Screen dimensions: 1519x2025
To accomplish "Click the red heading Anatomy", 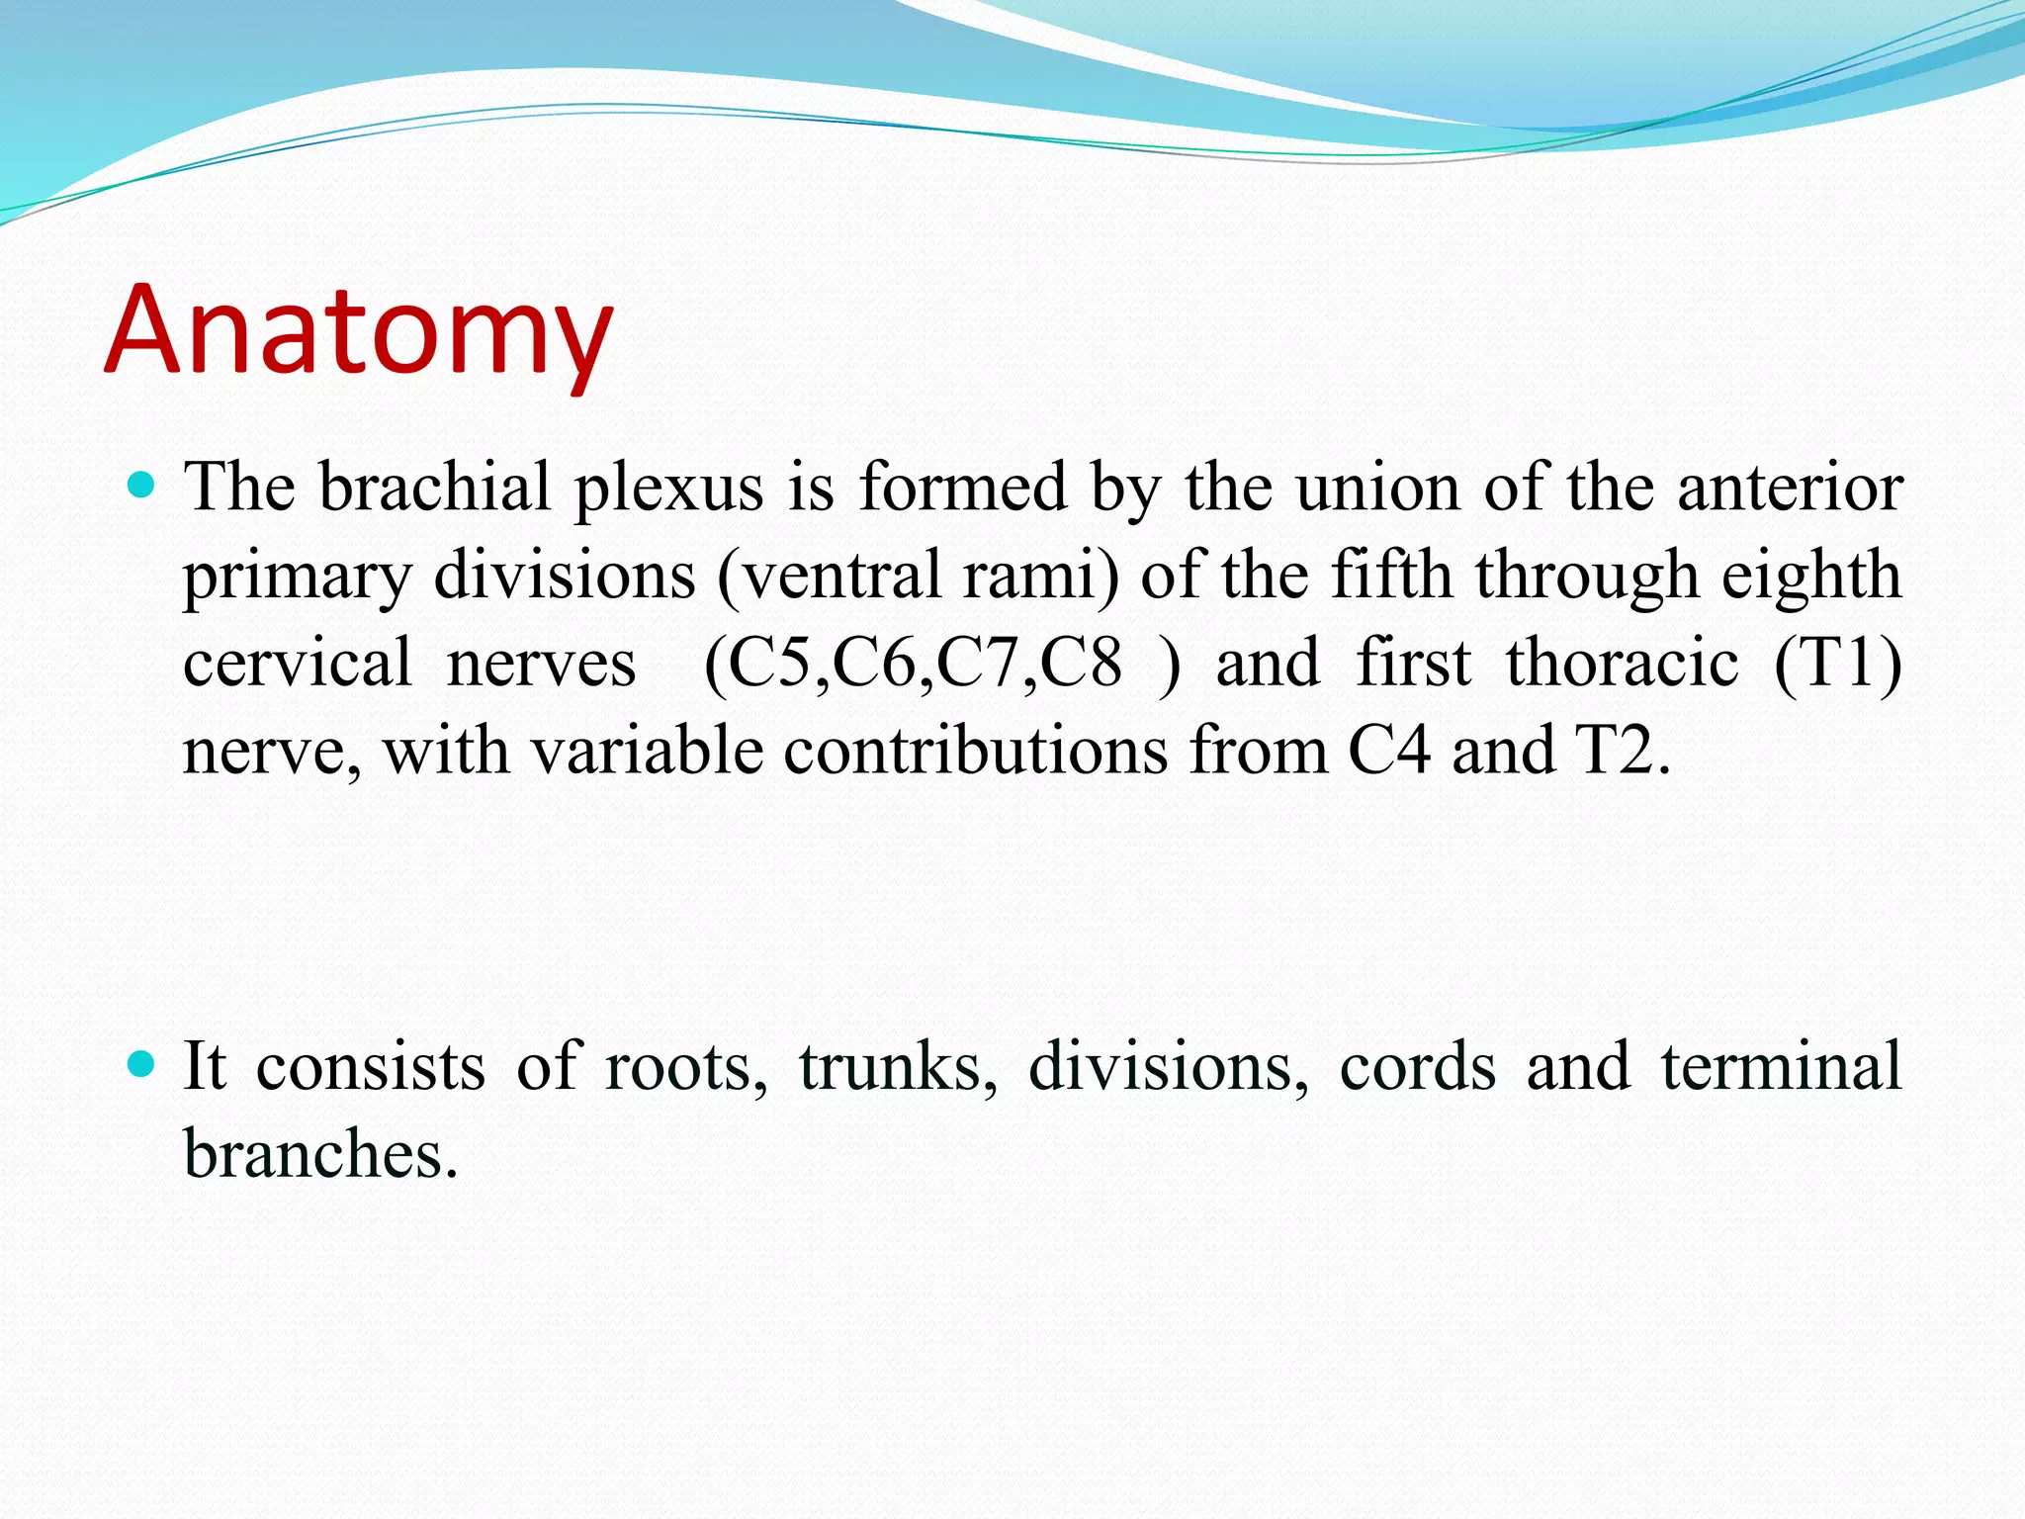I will pyautogui.click(x=358, y=331).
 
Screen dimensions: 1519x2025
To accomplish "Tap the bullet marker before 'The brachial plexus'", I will pyautogui.click(x=142, y=485).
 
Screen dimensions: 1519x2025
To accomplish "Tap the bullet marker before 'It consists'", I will pyautogui.click(x=142, y=1064).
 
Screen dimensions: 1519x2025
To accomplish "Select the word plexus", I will pyautogui.click(x=669, y=489).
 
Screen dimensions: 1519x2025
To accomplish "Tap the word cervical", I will pyautogui.click(x=297, y=663).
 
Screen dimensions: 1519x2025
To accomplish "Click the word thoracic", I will pyautogui.click(x=1622, y=663).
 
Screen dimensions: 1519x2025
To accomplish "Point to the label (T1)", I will pyautogui.click(x=1837, y=663).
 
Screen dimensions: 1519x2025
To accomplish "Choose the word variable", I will pyautogui.click(x=648, y=750).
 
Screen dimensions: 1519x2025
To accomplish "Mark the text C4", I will pyautogui.click(x=1388, y=750).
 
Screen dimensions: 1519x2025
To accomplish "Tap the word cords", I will pyautogui.click(x=1417, y=1066).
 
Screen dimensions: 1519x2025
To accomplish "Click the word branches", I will pyautogui.click(x=319, y=1153).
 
